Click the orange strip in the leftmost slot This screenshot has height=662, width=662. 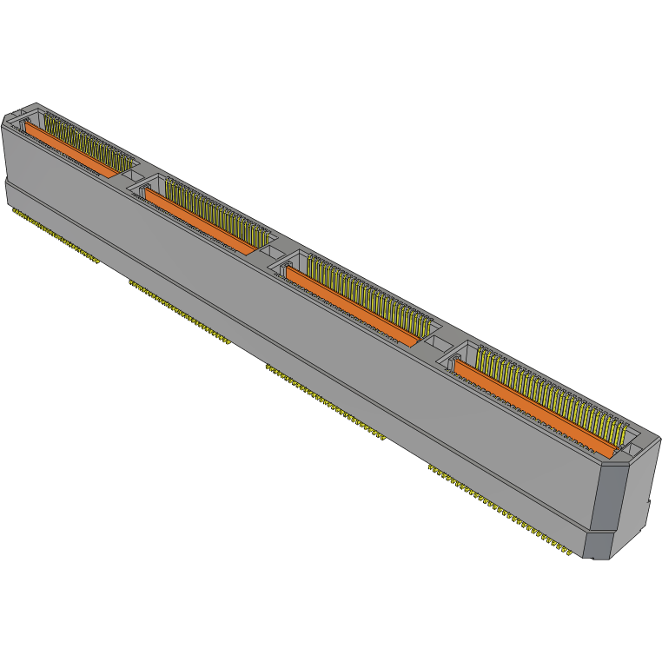[70, 149]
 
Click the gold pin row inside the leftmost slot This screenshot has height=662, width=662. [87, 139]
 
